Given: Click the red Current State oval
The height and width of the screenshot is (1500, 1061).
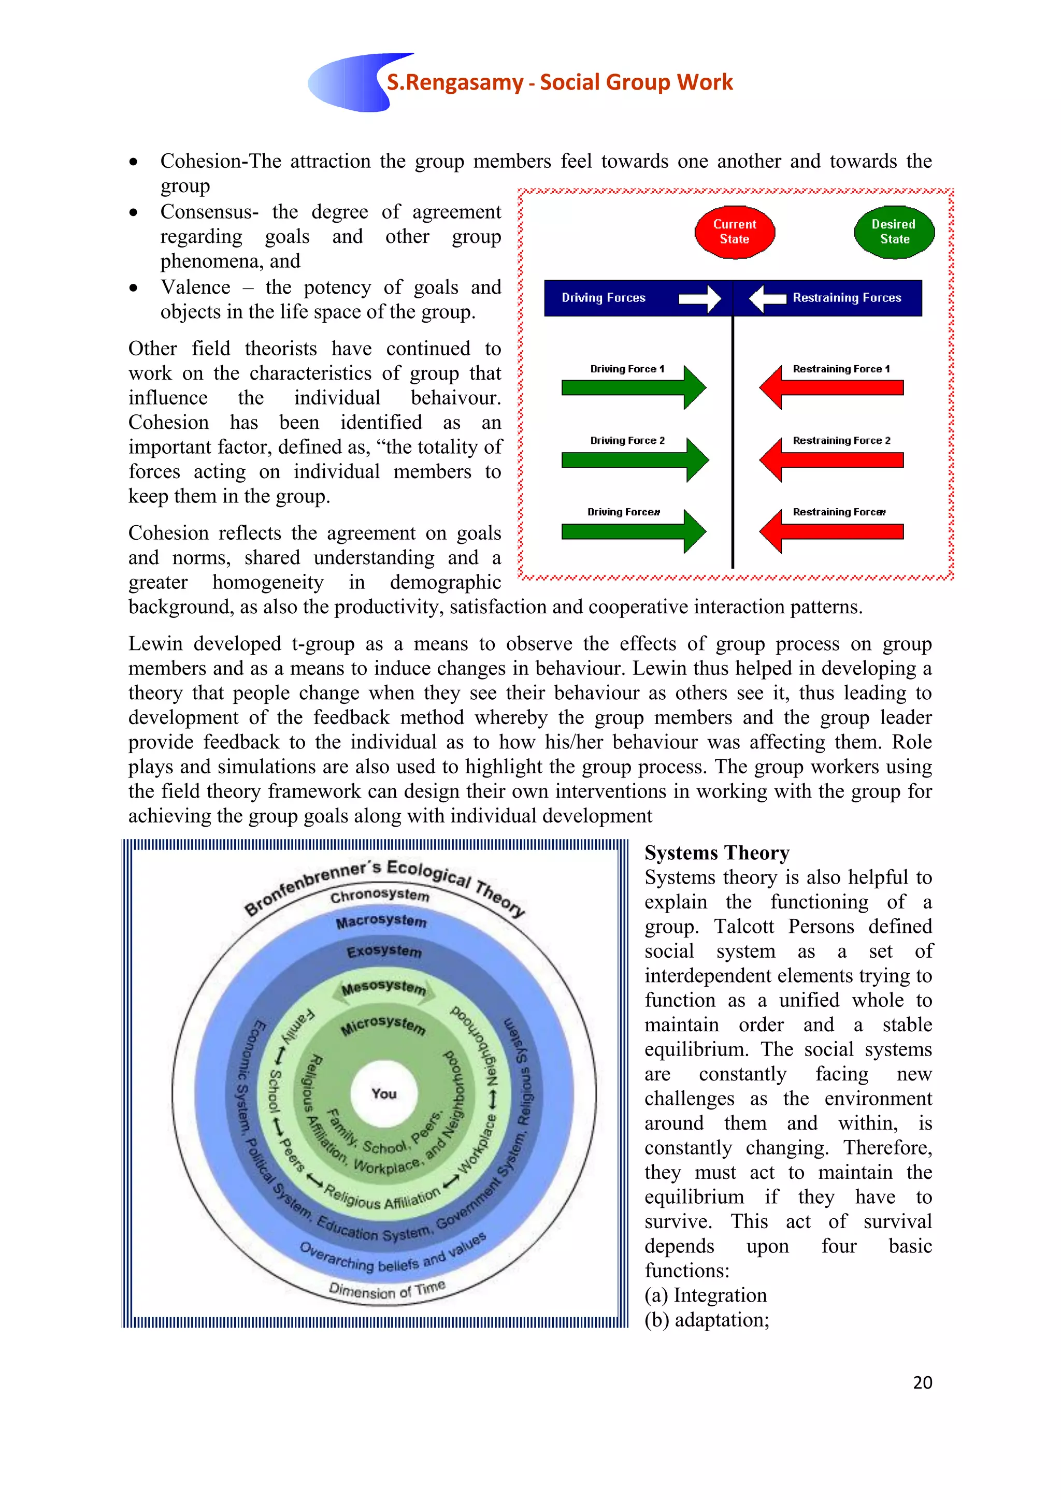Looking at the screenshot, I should tap(734, 232).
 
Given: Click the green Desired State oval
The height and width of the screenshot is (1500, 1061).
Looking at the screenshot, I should tap(894, 232).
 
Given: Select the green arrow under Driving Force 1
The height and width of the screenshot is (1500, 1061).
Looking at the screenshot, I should tap(633, 387).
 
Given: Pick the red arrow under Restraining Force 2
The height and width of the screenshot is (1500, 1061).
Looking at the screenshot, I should tap(831, 459).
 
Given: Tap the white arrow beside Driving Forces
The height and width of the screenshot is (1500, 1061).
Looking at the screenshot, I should tap(699, 298).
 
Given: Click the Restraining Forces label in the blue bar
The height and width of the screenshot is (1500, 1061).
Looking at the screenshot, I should tap(846, 298).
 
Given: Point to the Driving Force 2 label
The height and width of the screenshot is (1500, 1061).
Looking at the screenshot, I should tap(627, 440).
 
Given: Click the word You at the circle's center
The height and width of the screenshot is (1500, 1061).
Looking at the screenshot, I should tap(384, 1093).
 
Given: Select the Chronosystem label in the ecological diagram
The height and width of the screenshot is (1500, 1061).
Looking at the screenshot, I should tap(380, 895).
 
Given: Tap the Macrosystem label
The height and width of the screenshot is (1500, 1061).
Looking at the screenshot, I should tap(381, 921).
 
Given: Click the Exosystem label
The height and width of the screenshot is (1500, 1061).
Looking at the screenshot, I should tap(384, 951).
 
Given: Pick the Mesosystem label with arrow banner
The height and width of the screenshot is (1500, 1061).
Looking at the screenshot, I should tap(383, 987).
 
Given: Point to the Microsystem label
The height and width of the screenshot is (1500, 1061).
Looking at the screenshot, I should tap(383, 1025).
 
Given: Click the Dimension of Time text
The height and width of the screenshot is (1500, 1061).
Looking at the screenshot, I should tap(387, 1290).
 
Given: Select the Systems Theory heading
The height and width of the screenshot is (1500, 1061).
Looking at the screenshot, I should tap(716, 853).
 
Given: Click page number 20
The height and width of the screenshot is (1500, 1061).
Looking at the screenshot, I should tap(922, 1382).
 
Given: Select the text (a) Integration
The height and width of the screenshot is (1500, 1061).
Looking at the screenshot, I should tap(706, 1295).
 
